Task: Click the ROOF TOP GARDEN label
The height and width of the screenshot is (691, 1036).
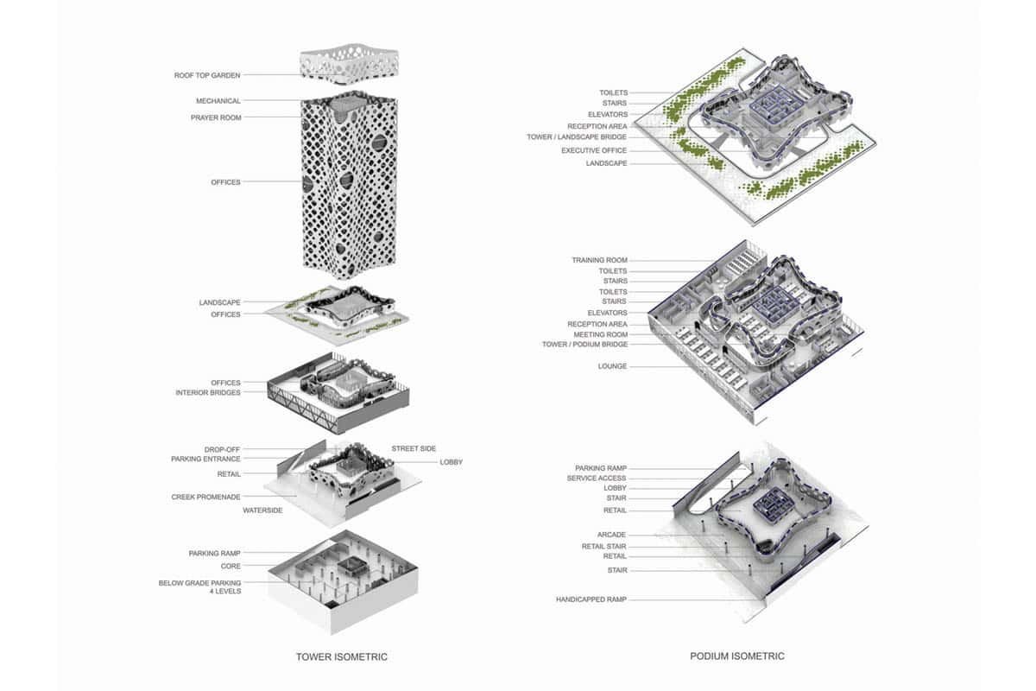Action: (207, 75)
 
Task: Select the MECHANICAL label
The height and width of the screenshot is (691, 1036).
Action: (218, 101)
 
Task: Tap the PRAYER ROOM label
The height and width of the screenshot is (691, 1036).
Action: (216, 117)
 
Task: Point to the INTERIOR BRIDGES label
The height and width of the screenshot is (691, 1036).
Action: (208, 392)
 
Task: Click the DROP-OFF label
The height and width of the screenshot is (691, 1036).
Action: (222, 449)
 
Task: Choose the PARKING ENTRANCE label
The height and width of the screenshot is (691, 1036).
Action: (205, 460)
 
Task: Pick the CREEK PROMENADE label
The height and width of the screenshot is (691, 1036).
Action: (205, 497)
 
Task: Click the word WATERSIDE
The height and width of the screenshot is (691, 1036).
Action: (262, 510)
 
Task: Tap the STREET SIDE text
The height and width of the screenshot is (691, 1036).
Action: (414, 448)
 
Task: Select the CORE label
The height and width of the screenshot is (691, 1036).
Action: (231, 566)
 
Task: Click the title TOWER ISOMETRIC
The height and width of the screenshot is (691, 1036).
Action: (342, 656)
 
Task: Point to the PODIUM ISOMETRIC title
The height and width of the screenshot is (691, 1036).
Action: (737, 656)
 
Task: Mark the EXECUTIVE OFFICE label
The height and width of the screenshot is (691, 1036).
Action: (594, 150)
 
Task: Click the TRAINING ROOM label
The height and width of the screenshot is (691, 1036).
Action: (599, 260)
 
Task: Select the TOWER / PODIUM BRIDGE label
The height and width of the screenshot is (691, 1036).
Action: (584, 345)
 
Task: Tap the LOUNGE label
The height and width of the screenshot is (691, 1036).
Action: (612, 366)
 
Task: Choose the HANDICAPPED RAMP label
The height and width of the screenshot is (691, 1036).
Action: (591, 599)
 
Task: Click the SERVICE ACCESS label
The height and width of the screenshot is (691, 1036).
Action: (597, 479)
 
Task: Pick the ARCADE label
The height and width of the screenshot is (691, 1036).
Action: (611, 535)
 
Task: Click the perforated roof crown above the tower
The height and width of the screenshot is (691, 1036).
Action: (349, 65)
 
